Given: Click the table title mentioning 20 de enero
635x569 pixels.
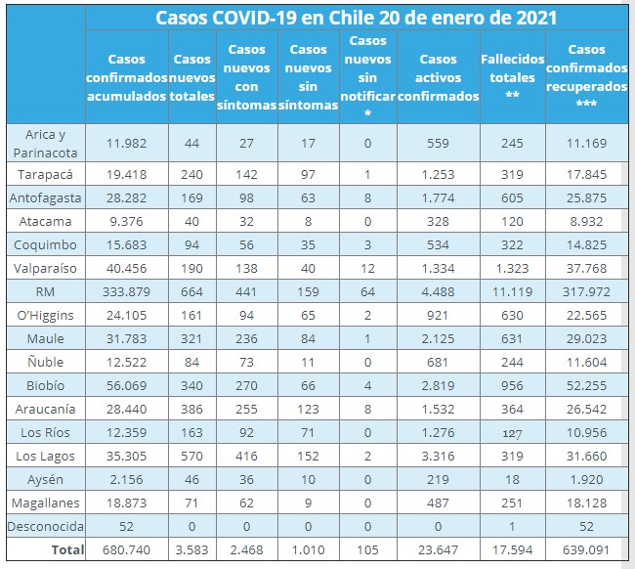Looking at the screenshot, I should pos(356,18).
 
